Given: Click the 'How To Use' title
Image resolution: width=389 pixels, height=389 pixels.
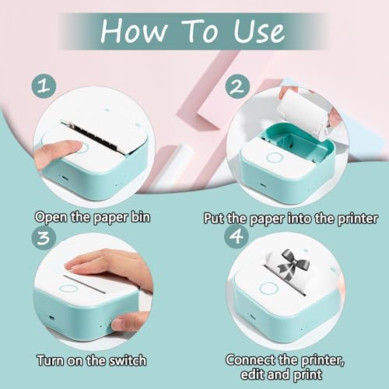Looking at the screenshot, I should click(x=195, y=32).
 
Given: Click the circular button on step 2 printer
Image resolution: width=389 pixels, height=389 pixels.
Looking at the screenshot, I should click(x=274, y=158).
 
